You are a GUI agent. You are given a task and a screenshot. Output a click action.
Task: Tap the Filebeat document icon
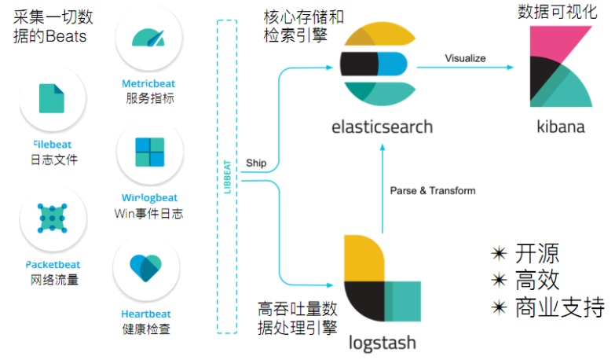point(53,97)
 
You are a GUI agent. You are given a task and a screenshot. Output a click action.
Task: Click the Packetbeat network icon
point(53,219)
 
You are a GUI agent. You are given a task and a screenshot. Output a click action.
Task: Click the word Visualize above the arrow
point(465,58)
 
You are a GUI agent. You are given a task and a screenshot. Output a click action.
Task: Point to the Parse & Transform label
point(432,190)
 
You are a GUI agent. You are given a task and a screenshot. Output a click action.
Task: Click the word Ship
point(256,163)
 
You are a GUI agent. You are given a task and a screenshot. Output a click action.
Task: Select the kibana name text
point(560,126)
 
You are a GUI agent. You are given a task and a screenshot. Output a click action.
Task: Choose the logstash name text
point(383,343)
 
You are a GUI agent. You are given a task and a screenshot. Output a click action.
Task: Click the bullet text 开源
point(537,254)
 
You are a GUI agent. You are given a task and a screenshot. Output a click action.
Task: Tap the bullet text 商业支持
point(559,307)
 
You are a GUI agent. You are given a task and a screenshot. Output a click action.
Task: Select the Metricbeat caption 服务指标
point(149,99)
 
